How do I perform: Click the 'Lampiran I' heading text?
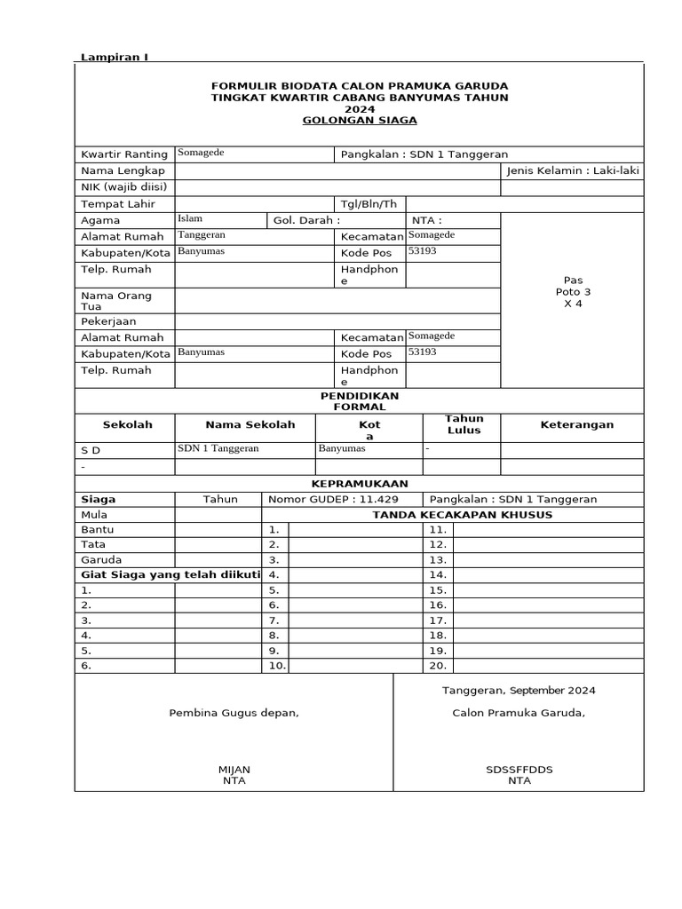click(x=115, y=57)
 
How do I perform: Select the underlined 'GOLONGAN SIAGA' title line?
click(x=359, y=120)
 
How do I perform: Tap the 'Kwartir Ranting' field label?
click(x=124, y=154)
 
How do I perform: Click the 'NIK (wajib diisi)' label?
click(x=123, y=187)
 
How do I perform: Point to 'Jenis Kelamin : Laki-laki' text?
click(x=572, y=170)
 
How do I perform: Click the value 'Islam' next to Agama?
click(x=190, y=218)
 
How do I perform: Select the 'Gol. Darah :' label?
click(x=306, y=220)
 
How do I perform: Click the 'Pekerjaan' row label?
click(x=108, y=321)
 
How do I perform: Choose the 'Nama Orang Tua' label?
click(x=116, y=301)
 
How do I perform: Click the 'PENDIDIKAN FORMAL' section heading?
click(x=359, y=400)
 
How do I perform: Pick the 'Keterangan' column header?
click(x=576, y=425)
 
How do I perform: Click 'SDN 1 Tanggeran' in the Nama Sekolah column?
click(x=218, y=449)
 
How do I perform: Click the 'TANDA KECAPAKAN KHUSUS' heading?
click(x=462, y=515)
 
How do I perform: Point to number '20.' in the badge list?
click(x=437, y=666)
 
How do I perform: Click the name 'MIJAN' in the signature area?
click(x=234, y=769)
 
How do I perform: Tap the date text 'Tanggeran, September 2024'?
click(x=519, y=690)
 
